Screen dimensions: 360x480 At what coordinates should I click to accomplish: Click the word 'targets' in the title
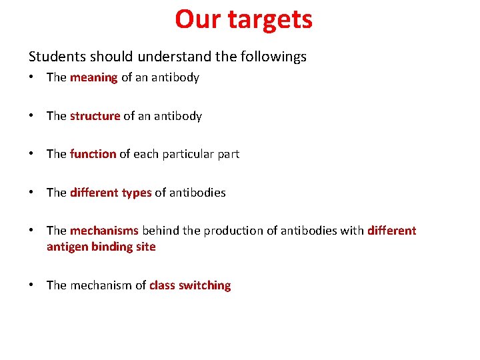pyautogui.click(x=269, y=20)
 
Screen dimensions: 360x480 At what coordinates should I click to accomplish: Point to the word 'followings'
pyautogui.click(x=274, y=57)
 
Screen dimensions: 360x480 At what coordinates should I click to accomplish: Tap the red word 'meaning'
pyautogui.click(x=93, y=77)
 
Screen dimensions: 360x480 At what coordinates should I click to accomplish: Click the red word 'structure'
pyautogui.click(x=95, y=116)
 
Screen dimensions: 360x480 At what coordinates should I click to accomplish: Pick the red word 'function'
pyautogui.click(x=93, y=154)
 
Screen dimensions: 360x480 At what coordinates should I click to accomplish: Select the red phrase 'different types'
pyautogui.click(x=111, y=193)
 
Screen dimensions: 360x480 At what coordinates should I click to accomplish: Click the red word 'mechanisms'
pyautogui.click(x=104, y=231)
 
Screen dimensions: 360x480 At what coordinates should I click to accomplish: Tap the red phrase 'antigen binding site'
pyautogui.click(x=101, y=247)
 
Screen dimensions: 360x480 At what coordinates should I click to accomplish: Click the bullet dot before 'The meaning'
pyautogui.click(x=32, y=77)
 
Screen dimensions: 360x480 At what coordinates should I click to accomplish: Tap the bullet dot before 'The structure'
pyautogui.click(x=32, y=116)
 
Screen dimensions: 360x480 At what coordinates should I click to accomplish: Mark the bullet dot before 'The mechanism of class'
pyautogui.click(x=32, y=285)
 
